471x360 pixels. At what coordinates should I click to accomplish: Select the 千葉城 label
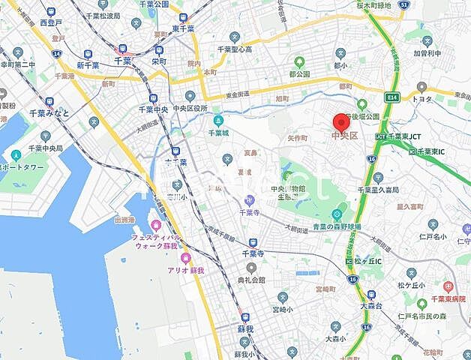(x=218, y=133)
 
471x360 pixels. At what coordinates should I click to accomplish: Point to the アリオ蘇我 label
(x=185, y=270)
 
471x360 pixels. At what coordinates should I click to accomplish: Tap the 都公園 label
(x=299, y=75)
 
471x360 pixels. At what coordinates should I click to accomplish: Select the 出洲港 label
(x=124, y=220)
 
